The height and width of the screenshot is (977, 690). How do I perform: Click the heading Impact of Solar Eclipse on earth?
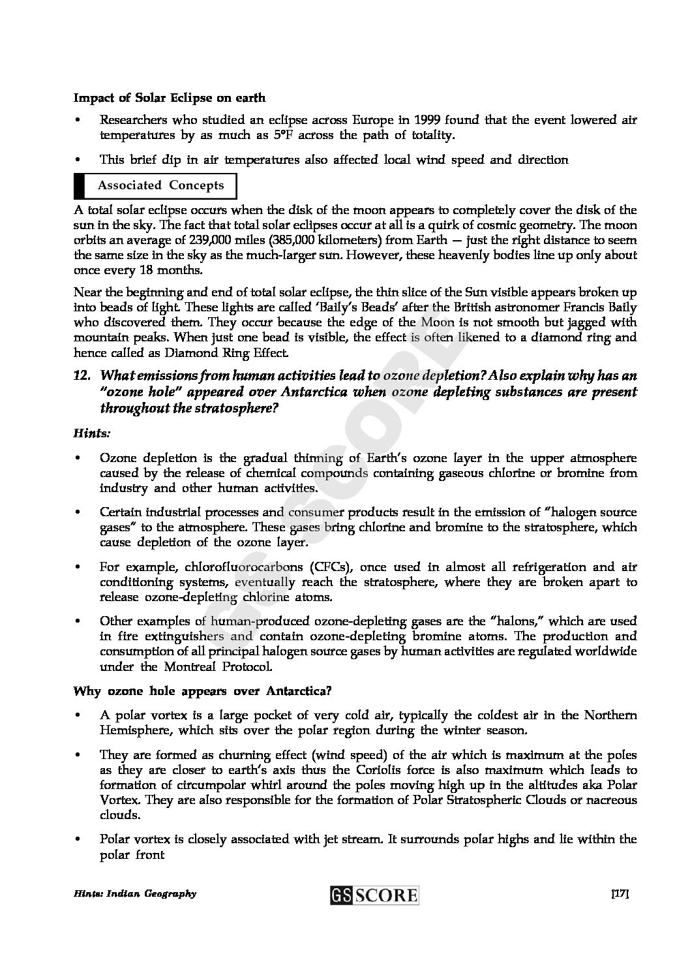tap(170, 98)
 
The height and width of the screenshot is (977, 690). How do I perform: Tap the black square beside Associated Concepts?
tap(80, 185)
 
